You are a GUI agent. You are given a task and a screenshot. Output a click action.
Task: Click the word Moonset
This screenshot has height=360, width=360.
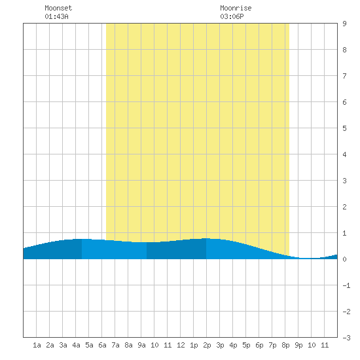point(58,8)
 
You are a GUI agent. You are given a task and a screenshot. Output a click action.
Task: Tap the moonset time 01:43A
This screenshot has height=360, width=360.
point(56,16)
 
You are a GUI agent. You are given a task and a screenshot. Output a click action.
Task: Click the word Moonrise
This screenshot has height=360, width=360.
point(236,8)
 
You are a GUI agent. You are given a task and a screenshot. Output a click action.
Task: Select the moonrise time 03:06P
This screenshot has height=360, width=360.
point(232,16)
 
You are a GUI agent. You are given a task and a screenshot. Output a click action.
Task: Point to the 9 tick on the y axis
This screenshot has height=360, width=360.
point(344,24)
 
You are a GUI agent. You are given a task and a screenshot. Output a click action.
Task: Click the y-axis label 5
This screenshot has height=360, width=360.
point(344,128)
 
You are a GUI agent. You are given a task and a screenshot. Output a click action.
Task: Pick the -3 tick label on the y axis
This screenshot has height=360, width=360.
point(346,338)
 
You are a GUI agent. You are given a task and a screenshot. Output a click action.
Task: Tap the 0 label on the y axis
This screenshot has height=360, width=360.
point(344,259)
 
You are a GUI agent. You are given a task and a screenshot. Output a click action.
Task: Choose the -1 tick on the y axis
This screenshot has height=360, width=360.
point(346,285)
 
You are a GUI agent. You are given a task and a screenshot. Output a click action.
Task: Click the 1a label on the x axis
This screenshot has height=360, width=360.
point(37,345)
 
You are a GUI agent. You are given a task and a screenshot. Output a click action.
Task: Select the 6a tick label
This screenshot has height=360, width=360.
point(102,345)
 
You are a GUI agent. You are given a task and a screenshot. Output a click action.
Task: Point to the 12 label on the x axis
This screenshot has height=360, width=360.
point(181,345)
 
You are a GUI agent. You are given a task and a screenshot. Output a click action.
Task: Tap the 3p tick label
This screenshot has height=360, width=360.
point(220,345)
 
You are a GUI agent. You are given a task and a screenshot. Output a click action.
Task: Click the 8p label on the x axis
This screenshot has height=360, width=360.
point(285,345)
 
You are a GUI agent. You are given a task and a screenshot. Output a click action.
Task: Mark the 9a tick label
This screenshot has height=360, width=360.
point(141,345)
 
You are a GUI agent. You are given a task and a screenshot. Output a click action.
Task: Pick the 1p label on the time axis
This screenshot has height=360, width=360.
point(194,345)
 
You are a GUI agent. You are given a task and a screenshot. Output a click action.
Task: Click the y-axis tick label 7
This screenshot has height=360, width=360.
point(344,76)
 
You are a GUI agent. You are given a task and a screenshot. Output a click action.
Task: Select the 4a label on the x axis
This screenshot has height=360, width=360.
point(76,345)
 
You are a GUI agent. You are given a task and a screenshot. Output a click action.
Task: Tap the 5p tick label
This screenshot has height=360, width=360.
point(246,345)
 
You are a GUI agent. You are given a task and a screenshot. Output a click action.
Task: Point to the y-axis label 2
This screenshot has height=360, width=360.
point(344,207)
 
